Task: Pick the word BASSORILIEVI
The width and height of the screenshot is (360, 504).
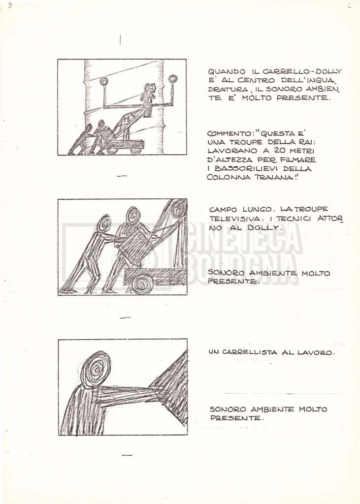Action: pyautogui.click(x=247, y=168)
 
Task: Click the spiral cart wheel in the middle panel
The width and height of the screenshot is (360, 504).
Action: pyautogui.click(x=143, y=284)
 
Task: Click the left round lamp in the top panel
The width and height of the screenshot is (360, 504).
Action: pyautogui.click(x=103, y=81)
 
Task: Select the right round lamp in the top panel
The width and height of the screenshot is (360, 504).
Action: pyautogui.click(x=173, y=79)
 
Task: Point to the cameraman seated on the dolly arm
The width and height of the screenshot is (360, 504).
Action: pyautogui.click(x=148, y=98)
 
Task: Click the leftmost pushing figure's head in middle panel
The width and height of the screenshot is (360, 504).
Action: pyautogui.click(x=103, y=224)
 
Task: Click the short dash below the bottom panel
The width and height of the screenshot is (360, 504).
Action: pyautogui.click(x=128, y=455)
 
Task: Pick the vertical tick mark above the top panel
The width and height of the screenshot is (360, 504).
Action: pyautogui.click(x=120, y=40)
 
